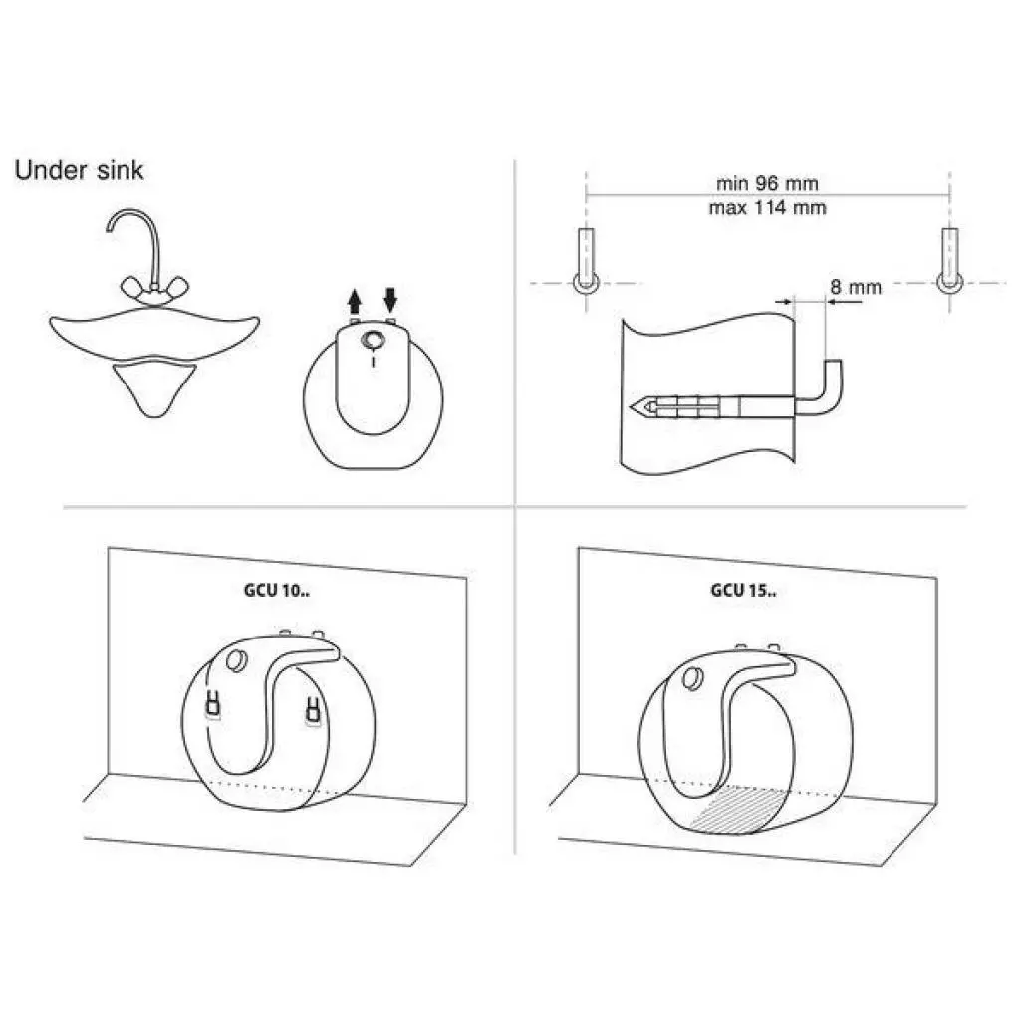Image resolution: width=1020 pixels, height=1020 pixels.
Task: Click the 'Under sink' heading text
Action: tap(79, 170)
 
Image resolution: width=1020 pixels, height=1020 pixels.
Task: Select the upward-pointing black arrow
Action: tap(354, 302)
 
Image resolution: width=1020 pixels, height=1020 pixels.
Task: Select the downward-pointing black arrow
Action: tap(390, 299)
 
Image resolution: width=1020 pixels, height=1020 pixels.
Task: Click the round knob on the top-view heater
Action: tap(373, 341)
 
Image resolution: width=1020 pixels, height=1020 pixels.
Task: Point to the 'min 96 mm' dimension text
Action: tap(767, 183)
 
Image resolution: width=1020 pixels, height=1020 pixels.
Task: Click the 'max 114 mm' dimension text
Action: tap(768, 208)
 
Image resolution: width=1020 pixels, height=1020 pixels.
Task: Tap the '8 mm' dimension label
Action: tap(856, 287)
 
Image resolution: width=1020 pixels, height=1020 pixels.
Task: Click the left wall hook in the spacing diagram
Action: tap(586, 262)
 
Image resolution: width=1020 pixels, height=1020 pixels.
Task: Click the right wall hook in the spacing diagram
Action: tap(949, 262)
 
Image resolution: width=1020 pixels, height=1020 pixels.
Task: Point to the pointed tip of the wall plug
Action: tap(631, 407)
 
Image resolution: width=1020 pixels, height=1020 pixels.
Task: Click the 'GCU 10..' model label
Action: tap(277, 590)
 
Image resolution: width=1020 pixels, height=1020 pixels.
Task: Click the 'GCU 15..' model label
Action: tap(743, 590)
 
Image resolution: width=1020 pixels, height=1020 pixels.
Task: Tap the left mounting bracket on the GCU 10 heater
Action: tap(213, 704)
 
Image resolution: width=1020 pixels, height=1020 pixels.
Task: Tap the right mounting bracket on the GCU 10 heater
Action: tap(313, 710)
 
